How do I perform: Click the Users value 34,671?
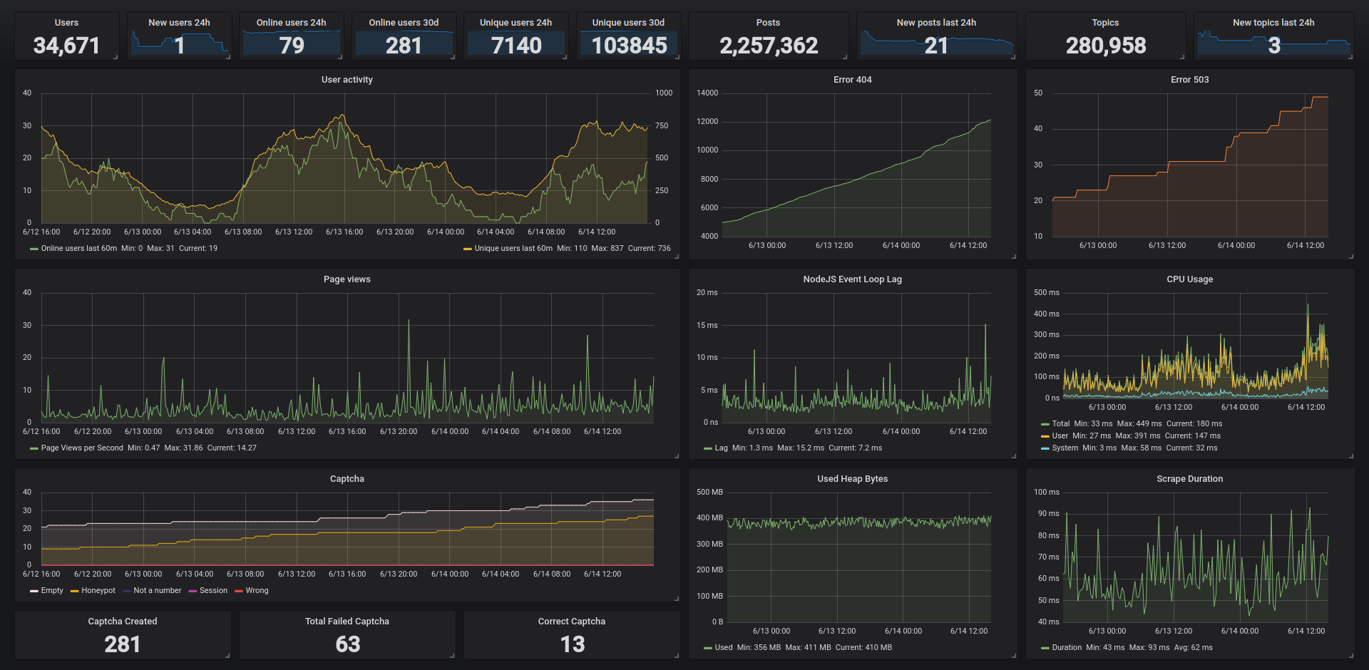click(x=66, y=46)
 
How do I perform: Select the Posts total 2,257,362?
click(x=769, y=46)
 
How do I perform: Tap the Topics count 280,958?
click(x=1106, y=46)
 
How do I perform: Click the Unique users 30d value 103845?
click(x=629, y=46)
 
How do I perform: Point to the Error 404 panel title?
click(x=852, y=80)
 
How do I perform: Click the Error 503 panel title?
click(x=1189, y=80)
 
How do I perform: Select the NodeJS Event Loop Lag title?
click(x=852, y=279)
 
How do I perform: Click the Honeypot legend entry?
click(x=98, y=591)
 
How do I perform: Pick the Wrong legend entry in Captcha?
click(x=257, y=591)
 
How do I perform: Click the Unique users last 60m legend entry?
click(x=513, y=249)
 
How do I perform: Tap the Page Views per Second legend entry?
click(x=81, y=448)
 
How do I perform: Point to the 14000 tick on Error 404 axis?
click(x=707, y=93)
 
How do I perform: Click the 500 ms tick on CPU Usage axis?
click(x=1046, y=293)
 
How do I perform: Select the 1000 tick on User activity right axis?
click(x=663, y=93)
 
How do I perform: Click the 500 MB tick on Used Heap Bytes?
click(x=709, y=493)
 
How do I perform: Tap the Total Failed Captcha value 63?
click(x=347, y=644)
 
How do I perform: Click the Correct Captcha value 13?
click(x=572, y=644)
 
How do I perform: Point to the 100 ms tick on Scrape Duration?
click(x=1046, y=493)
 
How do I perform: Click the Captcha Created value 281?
click(x=123, y=644)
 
